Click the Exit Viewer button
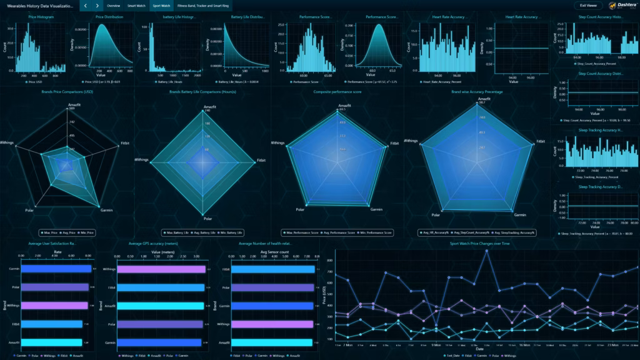(x=587, y=5)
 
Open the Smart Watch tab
(x=136, y=5)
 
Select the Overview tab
(x=113, y=5)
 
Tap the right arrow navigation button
(x=97, y=5)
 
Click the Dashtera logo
(x=618, y=5)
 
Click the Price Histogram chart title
(x=41, y=17)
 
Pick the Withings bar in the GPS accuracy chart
(x=162, y=269)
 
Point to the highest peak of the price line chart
(x=486, y=251)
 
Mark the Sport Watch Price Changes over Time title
(x=479, y=243)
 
